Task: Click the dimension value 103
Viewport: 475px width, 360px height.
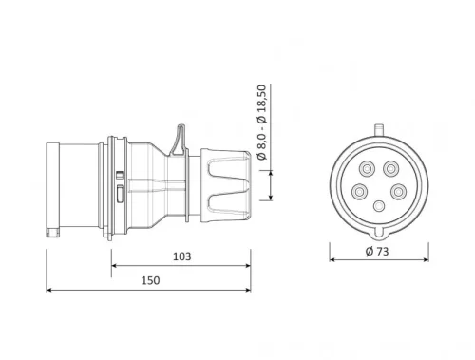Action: click(182, 256)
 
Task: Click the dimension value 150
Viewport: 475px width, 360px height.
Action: click(150, 280)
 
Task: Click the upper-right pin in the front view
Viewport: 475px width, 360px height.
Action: click(391, 168)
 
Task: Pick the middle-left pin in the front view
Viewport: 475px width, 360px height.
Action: click(358, 191)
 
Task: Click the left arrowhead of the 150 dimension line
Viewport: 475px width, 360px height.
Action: click(49, 291)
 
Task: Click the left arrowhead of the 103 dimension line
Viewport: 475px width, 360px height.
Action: click(115, 266)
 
